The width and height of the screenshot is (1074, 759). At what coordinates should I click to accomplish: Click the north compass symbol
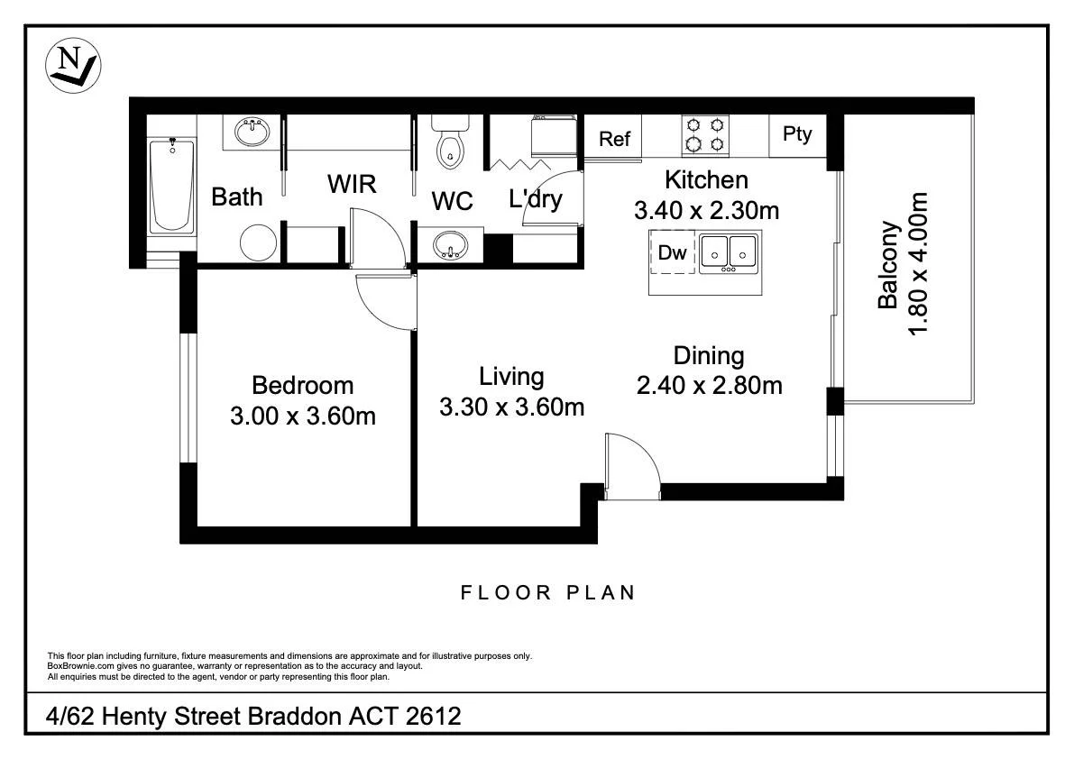(73, 65)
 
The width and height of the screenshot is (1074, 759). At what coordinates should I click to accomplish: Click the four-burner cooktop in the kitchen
(705, 134)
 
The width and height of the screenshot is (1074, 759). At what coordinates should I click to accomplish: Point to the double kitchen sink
(728, 253)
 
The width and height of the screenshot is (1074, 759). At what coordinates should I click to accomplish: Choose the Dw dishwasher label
(672, 252)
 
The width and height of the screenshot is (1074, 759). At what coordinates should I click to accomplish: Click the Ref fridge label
(614, 139)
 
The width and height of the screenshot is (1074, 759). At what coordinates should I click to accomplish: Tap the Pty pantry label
(797, 134)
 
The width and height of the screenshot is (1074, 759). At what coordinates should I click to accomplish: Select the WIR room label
(352, 184)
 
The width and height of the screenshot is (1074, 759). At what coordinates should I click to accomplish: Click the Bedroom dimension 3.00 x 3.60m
(303, 416)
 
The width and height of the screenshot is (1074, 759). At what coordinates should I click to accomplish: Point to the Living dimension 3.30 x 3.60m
(511, 407)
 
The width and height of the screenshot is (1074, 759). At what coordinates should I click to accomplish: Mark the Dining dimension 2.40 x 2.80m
(710, 385)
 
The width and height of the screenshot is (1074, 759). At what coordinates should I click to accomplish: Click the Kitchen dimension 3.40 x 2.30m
(707, 210)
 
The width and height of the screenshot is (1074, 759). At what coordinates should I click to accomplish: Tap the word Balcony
(888, 265)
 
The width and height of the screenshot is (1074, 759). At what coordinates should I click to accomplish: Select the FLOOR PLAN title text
(548, 593)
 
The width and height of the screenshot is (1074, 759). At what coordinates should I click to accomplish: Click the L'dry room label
(536, 198)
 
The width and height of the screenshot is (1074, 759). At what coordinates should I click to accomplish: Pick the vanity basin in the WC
(450, 244)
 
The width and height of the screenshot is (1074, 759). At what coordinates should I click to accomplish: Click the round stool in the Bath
(259, 242)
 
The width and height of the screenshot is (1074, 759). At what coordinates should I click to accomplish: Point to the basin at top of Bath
(253, 132)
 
